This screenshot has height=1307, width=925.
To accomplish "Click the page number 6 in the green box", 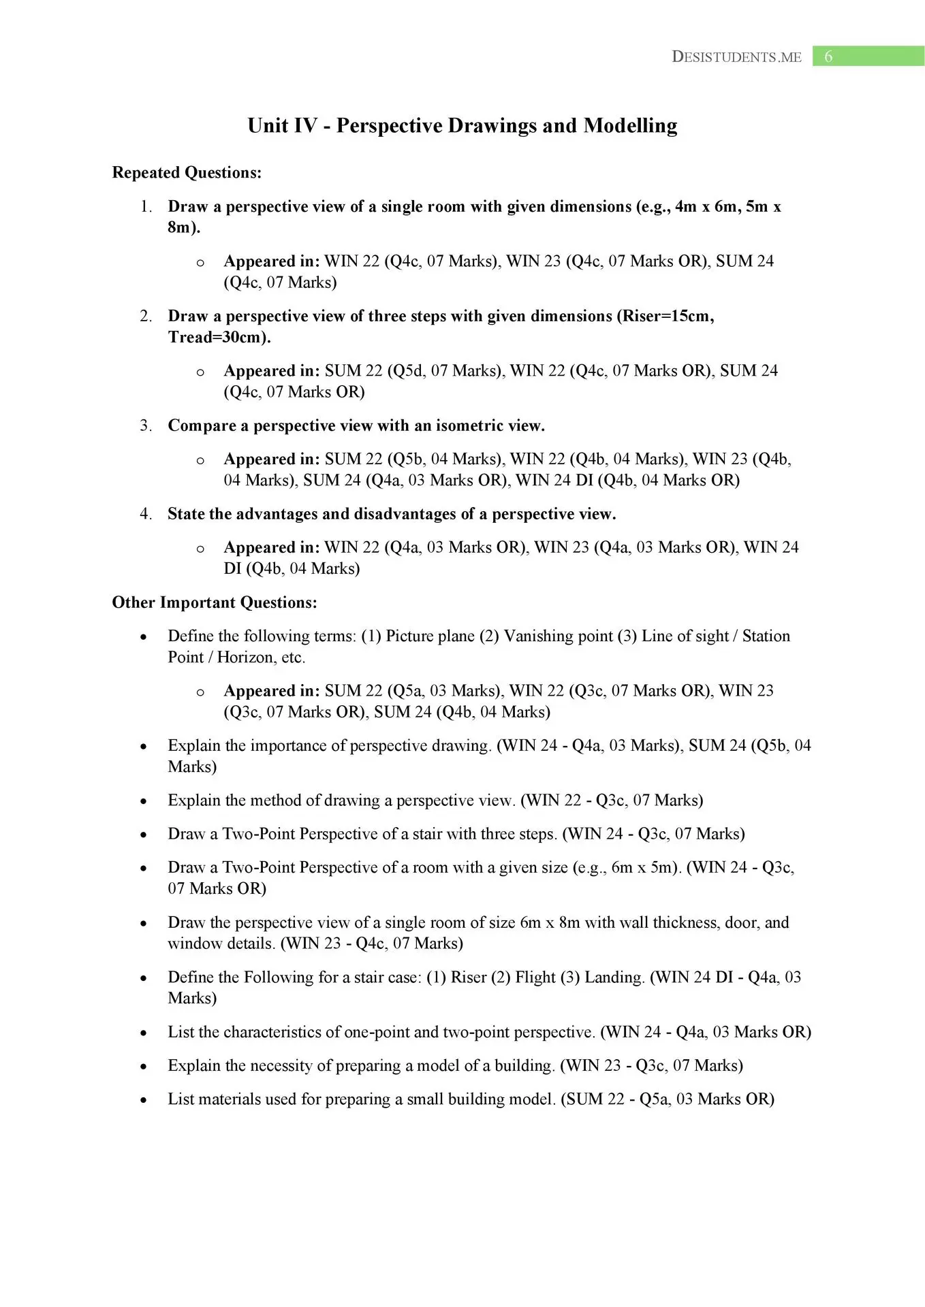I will pyautogui.click(x=828, y=57).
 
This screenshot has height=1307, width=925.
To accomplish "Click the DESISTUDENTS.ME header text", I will pyautogui.click(x=736, y=57).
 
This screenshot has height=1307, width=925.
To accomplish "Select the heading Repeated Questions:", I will pyautogui.click(x=187, y=173).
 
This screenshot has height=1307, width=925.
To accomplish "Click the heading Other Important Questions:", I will pyautogui.click(x=215, y=602).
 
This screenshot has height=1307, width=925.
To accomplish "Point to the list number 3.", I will pyautogui.click(x=146, y=426).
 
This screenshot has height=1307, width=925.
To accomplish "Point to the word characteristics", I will pyautogui.click(x=281, y=1032).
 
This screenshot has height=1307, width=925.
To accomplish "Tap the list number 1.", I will pyautogui.click(x=146, y=207).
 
